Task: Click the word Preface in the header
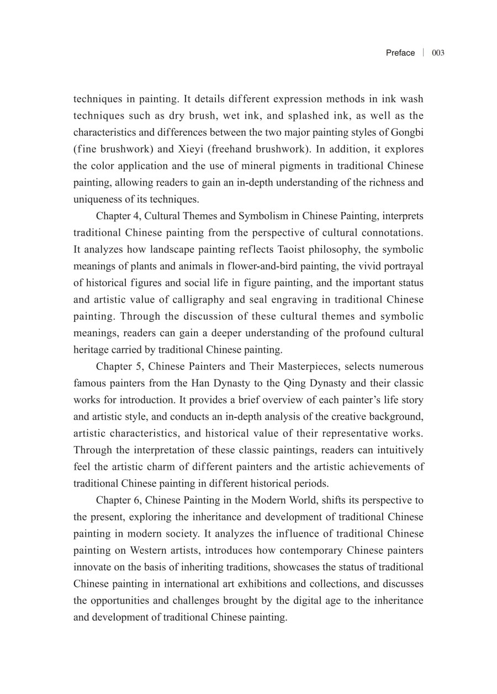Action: [400, 53]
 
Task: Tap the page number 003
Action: [438, 53]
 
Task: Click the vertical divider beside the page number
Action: [423, 53]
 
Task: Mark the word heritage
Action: [89, 349]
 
